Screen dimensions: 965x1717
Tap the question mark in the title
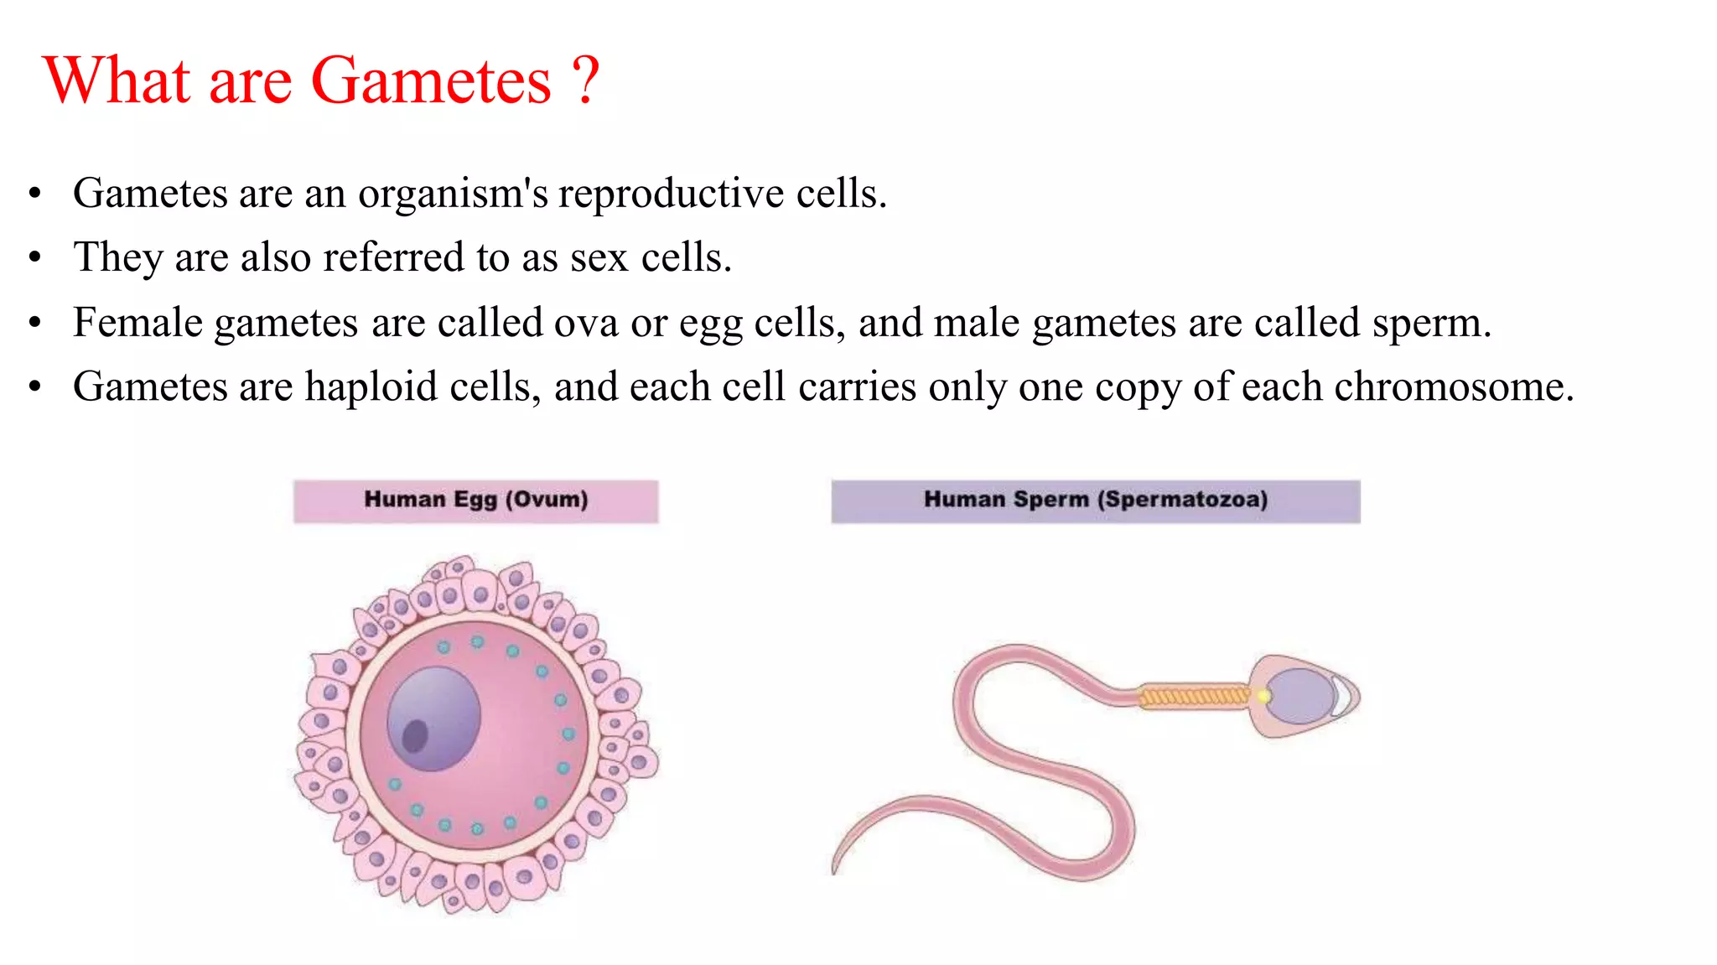pos(586,81)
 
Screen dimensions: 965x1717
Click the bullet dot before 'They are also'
pos(34,257)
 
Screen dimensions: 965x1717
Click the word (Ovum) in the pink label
pos(546,500)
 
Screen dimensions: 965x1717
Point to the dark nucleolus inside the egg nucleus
pos(415,736)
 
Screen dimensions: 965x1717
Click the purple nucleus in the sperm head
pos(1298,696)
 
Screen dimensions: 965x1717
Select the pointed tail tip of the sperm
pos(834,869)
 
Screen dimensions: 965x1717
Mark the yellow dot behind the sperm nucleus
pos(1263,696)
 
